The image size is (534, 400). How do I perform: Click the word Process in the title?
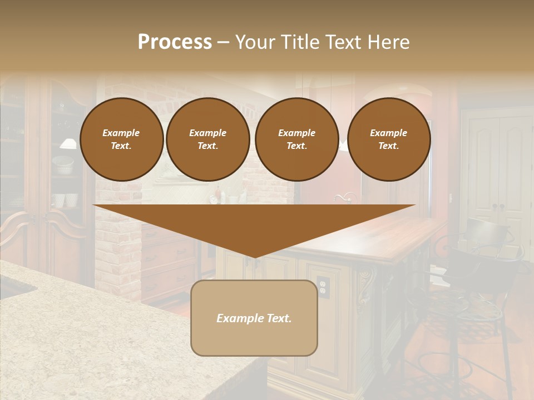[175, 42]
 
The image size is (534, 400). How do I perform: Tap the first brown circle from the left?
[121, 139]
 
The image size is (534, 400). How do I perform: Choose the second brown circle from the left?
[207, 139]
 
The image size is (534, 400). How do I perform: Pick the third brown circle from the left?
[296, 139]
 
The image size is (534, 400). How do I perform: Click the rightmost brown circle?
[388, 139]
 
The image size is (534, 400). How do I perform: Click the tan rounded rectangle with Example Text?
[254, 318]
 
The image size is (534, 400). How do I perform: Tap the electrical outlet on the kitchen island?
[323, 286]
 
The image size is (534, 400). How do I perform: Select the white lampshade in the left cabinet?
[68, 144]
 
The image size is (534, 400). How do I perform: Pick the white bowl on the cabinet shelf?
[63, 165]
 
